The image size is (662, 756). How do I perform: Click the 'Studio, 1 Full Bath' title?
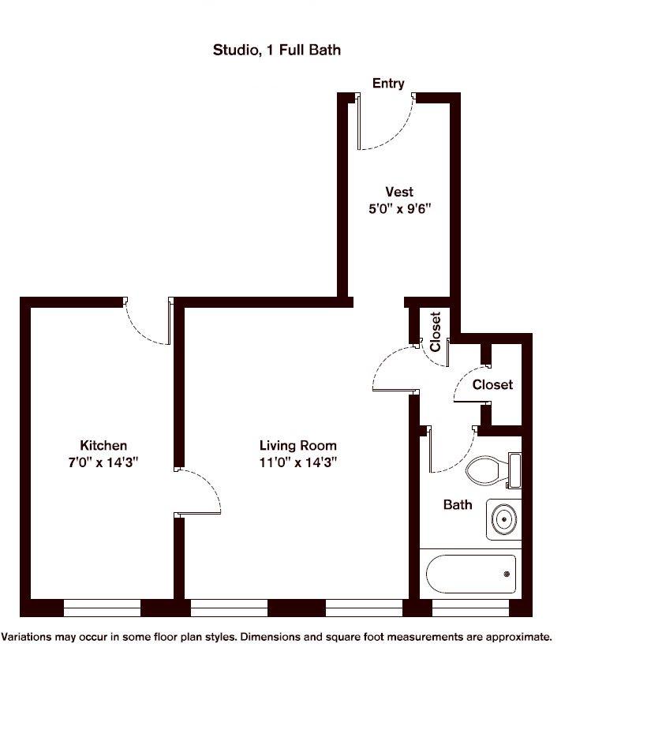coord(277,51)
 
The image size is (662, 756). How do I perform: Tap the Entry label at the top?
coord(388,84)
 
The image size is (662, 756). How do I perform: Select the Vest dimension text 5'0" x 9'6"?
coord(400,209)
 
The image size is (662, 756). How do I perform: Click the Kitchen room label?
coord(103,446)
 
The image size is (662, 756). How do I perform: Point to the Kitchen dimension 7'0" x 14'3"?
coord(103,462)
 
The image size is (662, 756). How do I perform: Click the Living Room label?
coord(298,446)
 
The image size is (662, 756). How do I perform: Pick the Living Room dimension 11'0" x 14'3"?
coord(298,462)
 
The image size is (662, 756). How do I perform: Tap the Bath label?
coord(458,505)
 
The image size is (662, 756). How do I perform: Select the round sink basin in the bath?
coord(504,519)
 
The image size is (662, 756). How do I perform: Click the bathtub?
coord(471,574)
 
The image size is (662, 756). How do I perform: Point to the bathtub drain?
coord(507,574)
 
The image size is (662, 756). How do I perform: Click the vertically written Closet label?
coord(436,331)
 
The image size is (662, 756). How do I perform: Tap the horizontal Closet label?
coord(492,385)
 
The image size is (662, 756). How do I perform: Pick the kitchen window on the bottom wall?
coord(102,608)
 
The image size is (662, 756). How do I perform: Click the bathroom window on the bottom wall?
coord(470,608)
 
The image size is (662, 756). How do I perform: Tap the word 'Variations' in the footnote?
coord(27,637)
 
